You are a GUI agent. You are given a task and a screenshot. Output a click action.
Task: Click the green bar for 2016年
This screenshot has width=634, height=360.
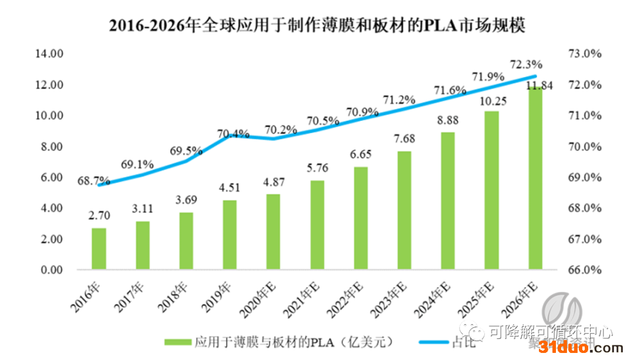[99, 249]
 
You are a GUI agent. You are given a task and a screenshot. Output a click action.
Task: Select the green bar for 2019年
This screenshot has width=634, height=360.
[230, 235]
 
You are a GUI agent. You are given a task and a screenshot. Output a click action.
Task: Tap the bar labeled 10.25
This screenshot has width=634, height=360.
[491, 190]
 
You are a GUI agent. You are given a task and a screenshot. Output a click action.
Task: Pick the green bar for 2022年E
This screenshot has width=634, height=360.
[360, 218]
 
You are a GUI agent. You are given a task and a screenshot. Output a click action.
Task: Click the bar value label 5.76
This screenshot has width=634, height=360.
[317, 169]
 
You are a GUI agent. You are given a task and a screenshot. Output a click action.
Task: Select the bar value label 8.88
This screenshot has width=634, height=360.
[447, 121]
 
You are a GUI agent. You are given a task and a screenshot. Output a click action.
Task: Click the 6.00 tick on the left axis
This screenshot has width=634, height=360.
[51, 177]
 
